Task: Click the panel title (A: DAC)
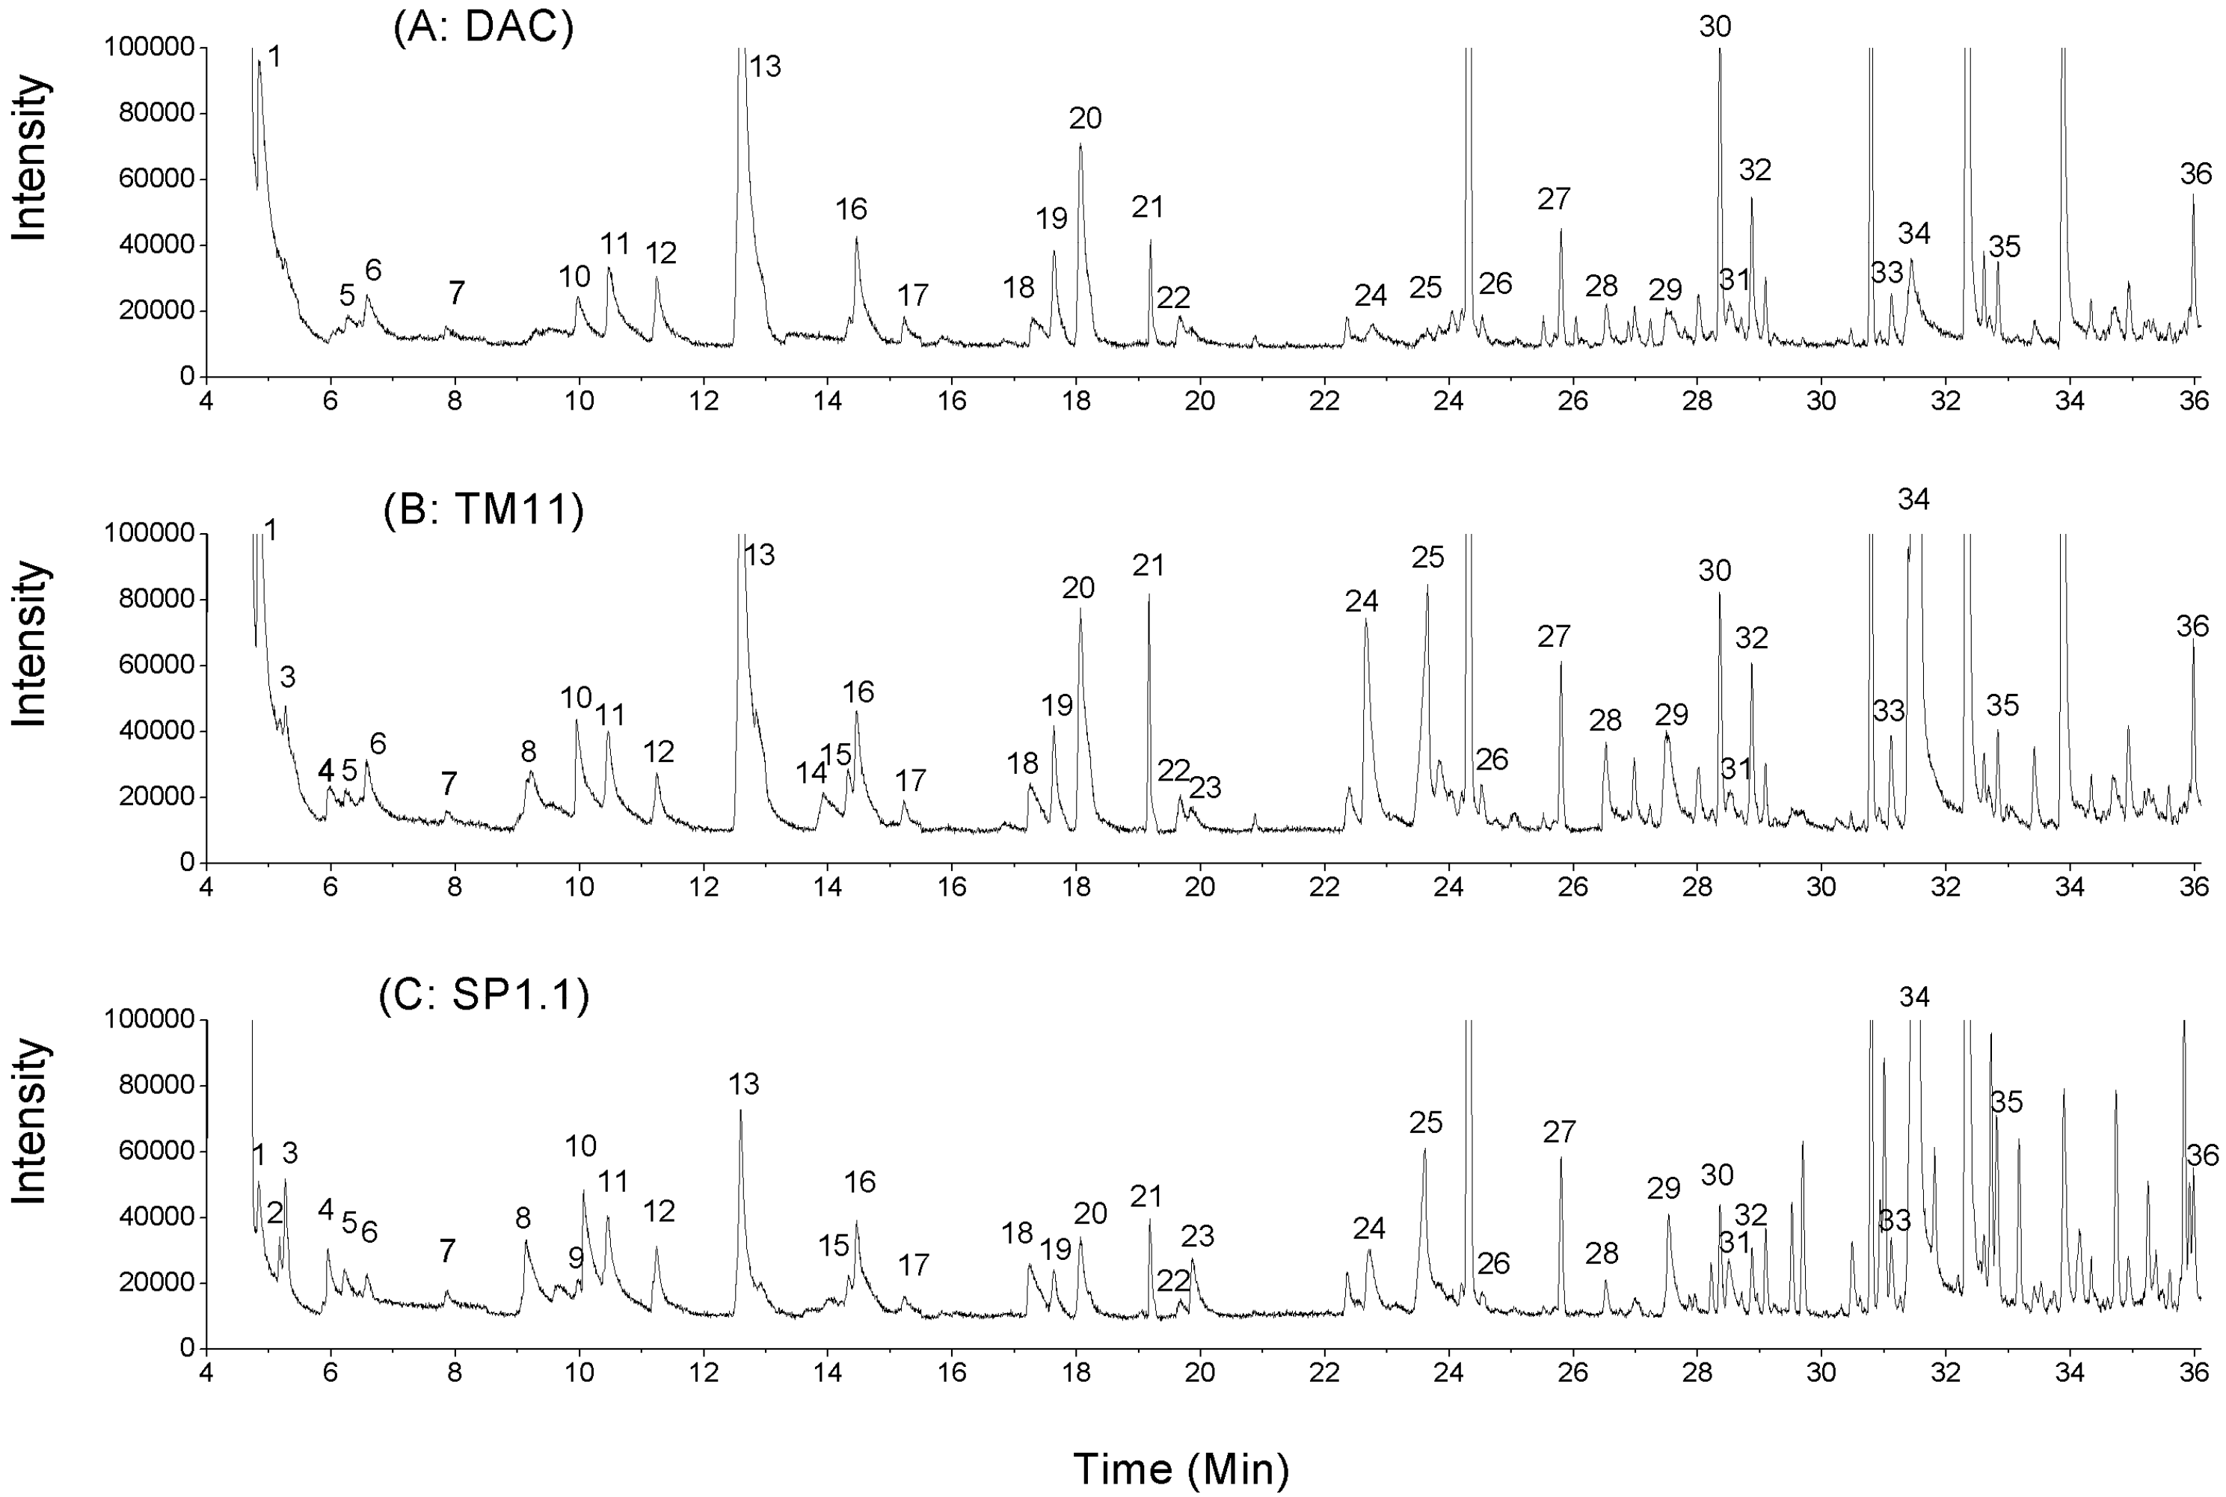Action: coord(483,28)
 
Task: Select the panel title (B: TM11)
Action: coord(483,510)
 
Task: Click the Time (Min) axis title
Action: coord(1181,1469)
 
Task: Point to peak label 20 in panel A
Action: coord(1085,118)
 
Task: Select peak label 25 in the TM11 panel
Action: coord(1428,556)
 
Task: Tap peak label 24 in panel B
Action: coord(1362,601)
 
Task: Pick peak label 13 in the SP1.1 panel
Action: coord(743,1083)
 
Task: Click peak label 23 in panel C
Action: coord(1197,1236)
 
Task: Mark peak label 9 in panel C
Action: coord(576,1258)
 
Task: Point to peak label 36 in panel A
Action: coord(2195,173)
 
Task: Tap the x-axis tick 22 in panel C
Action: coord(1324,1372)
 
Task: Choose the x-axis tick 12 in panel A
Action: coord(704,401)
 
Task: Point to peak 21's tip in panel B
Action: coord(1149,594)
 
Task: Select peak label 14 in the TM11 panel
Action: coord(811,772)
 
